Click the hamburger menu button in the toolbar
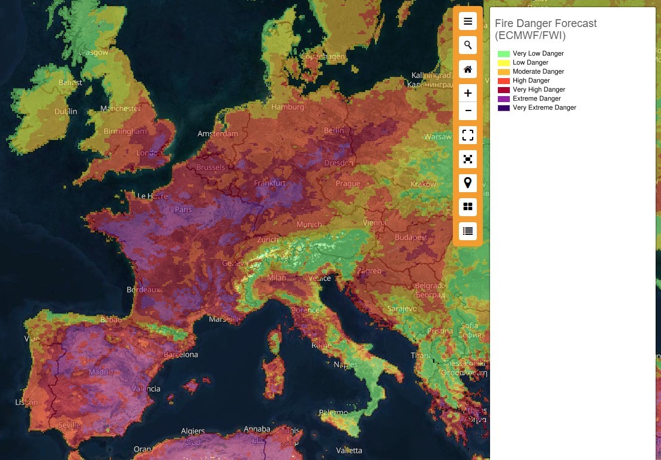tap(468, 22)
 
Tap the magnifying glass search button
tap(468, 45)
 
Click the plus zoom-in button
tap(468, 93)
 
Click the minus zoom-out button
tap(468, 111)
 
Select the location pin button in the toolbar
tap(468, 183)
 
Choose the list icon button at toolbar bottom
tap(468, 231)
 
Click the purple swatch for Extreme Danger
tap(503, 98)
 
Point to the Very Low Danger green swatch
tap(503, 53)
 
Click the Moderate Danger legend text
tap(538, 71)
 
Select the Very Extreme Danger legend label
tap(544, 107)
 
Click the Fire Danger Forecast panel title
tap(545, 29)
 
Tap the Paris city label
tap(183, 210)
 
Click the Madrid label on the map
tap(100, 372)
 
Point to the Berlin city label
tap(334, 130)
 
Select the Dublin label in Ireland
tap(65, 111)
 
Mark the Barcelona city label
tap(181, 354)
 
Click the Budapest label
tap(410, 237)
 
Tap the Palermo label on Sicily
tap(333, 413)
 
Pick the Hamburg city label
tap(288, 107)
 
